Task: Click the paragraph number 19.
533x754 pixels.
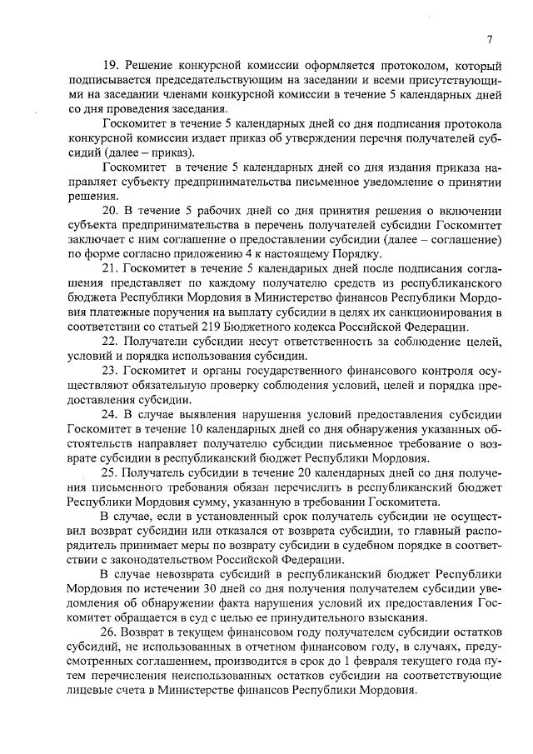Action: pos(111,65)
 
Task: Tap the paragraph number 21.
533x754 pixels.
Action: pos(111,269)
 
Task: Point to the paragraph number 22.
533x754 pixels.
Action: pos(111,342)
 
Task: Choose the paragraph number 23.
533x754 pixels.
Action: pos(111,372)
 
